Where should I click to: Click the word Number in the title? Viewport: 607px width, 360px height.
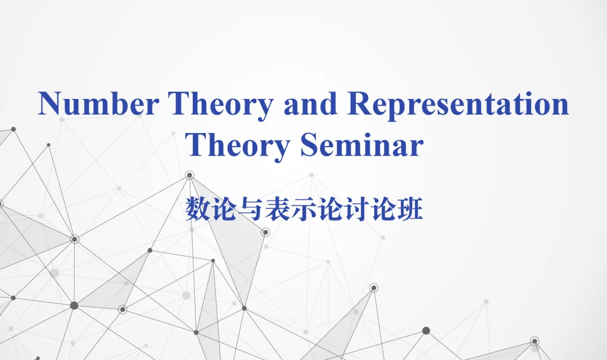98,104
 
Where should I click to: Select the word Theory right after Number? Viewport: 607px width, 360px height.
220,107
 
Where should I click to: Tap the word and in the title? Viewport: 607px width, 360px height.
310,103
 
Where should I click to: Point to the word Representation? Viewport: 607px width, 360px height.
458,107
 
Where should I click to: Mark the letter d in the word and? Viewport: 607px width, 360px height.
329,103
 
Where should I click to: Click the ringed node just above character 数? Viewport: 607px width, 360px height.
189,175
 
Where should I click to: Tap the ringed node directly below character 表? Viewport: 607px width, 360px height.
265,233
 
